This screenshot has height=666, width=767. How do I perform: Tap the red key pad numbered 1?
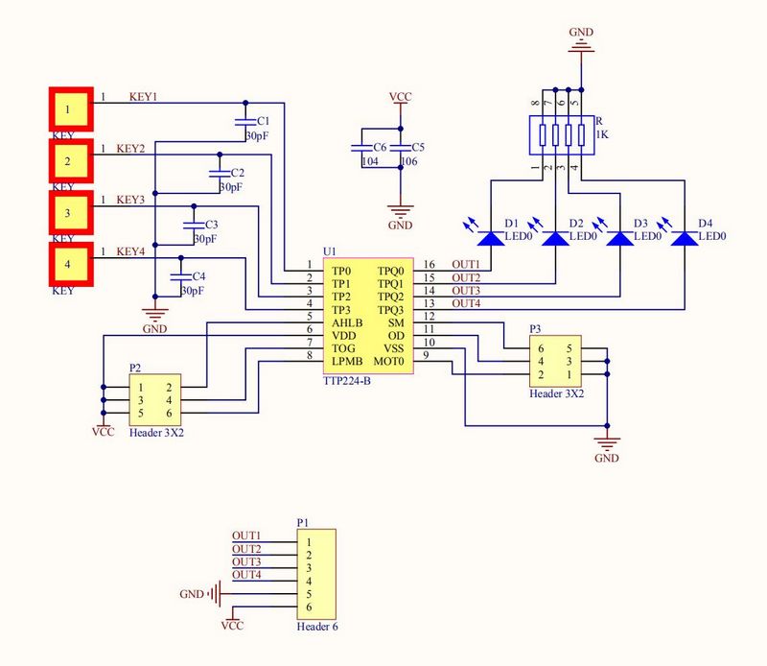(69, 108)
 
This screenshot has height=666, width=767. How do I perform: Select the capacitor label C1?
(264, 121)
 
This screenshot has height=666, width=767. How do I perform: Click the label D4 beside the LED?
(706, 224)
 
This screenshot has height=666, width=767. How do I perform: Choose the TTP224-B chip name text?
(348, 382)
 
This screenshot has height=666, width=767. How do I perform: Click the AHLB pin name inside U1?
(347, 323)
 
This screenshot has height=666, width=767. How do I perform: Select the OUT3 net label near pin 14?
(466, 291)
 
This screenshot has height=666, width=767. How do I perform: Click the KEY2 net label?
(130, 149)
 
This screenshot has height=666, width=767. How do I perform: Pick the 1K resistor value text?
(602, 135)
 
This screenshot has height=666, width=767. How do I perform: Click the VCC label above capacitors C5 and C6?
(401, 98)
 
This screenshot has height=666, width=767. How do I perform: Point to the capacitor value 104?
(369, 161)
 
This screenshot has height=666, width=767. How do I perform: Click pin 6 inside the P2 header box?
(170, 414)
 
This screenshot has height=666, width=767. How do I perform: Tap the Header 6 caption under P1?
(316, 627)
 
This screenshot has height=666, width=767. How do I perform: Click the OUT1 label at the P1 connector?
(246, 535)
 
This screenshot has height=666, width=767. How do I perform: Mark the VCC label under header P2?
(104, 432)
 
